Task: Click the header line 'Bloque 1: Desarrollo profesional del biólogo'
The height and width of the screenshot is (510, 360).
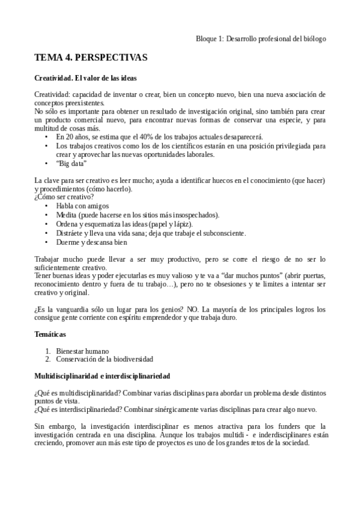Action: tap(261, 38)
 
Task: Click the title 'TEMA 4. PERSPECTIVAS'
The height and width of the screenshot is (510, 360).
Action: tap(91, 58)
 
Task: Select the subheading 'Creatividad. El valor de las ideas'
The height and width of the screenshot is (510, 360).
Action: tap(85, 78)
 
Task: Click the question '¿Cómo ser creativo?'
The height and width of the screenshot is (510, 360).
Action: tap(64, 197)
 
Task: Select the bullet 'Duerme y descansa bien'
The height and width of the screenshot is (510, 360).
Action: tap(91, 242)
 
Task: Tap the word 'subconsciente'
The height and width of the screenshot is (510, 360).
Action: tap(220, 233)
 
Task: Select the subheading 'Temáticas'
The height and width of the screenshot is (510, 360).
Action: tap(50, 333)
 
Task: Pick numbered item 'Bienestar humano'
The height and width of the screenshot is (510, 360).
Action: tap(83, 351)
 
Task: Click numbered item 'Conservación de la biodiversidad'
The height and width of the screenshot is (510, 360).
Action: tap(105, 359)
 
